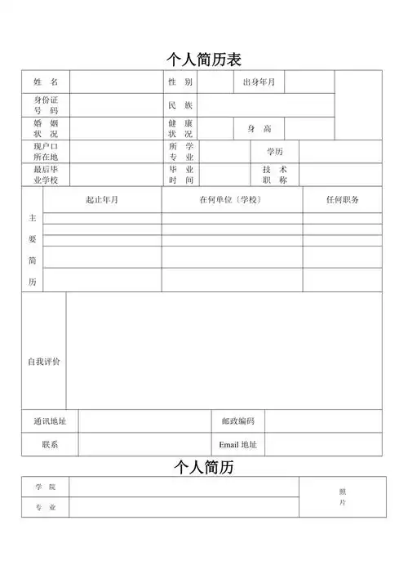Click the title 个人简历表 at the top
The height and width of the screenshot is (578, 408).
[x=204, y=60]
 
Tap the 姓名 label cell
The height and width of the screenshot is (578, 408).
[x=46, y=82]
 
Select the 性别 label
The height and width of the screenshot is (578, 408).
[x=180, y=82]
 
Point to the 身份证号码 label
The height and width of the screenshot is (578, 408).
[x=46, y=105]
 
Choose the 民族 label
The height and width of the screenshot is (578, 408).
[x=180, y=105]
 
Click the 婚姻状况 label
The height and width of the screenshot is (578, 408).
[x=46, y=128]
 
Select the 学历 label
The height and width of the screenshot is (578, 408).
[x=275, y=152]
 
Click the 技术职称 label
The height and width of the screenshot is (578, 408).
[x=274, y=175]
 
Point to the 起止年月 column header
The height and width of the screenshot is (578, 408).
[x=102, y=200]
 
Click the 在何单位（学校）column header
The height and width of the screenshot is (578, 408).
[x=232, y=200]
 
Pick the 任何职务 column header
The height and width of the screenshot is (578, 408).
[x=342, y=200]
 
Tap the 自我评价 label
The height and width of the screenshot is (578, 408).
[x=44, y=361]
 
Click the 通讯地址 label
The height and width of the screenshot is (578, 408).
[x=50, y=421]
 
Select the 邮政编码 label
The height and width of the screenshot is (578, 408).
[x=238, y=421]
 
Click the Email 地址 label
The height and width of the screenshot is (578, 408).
[x=238, y=445]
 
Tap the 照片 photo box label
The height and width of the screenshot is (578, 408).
[x=343, y=497]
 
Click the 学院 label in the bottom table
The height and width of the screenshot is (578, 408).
[x=46, y=487]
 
